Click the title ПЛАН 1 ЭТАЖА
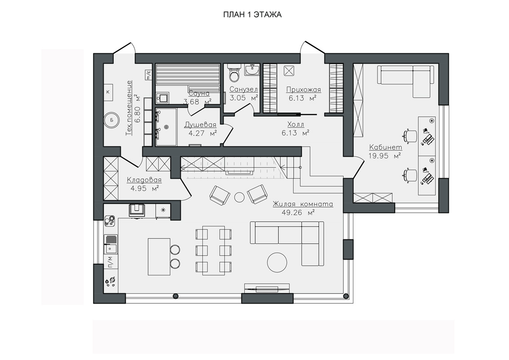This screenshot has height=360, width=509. click(x=252, y=14)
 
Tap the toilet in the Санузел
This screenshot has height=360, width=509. click(x=234, y=73)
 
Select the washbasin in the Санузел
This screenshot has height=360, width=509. click(x=252, y=70)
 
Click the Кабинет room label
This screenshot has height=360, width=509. click(x=386, y=148)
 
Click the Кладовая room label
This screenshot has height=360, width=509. click(x=144, y=180)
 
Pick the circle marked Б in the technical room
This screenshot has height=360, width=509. click(x=112, y=120)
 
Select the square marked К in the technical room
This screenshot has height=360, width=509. click(x=108, y=92)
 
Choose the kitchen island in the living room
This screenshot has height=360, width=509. click(x=159, y=256)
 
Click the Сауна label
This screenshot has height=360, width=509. click(x=199, y=93)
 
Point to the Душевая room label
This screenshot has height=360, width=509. click(x=200, y=125)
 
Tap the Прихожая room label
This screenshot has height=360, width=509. click(x=303, y=90)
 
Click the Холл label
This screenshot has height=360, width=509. click(x=295, y=125)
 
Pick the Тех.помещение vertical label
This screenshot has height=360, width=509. click(x=129, y=108)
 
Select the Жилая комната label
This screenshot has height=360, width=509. click(x=303, y=204)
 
